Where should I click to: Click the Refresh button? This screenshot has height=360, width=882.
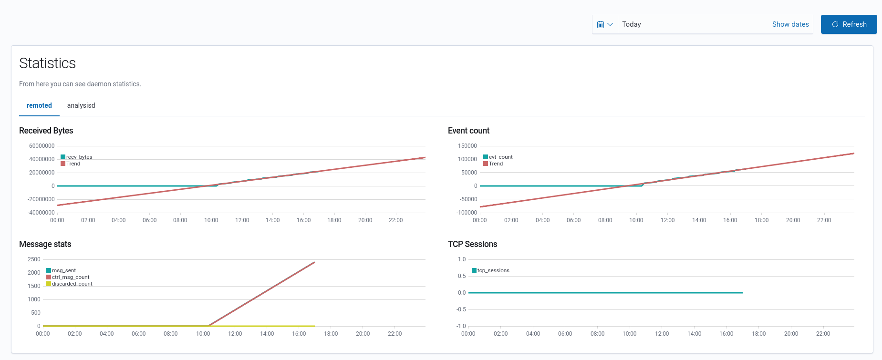[x=849, y=24]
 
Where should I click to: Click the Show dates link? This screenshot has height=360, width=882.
[x=790, y=24]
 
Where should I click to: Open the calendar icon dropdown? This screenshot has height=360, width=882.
[x=605, y=24]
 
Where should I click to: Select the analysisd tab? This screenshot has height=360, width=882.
[x=81, y=105]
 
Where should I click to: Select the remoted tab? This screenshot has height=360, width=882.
[x=39, y=105]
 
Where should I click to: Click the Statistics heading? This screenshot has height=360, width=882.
[x=47, y=63]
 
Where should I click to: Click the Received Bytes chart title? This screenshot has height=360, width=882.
[x=46, y=131]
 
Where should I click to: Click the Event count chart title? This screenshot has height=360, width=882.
[x=468, y=131]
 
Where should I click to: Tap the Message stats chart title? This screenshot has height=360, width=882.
[x=45, y=244]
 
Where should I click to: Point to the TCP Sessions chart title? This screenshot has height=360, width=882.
[x=472, y=244]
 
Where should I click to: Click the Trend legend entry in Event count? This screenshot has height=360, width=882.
[x=495, y=164]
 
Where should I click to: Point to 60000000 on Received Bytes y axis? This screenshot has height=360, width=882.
[x=42, y=146]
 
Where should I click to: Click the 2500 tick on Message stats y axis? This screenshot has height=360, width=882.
[x=34, y=259]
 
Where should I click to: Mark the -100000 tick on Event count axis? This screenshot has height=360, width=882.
[x=467, y=213]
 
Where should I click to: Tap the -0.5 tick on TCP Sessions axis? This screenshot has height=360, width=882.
[x=461, y=309]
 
